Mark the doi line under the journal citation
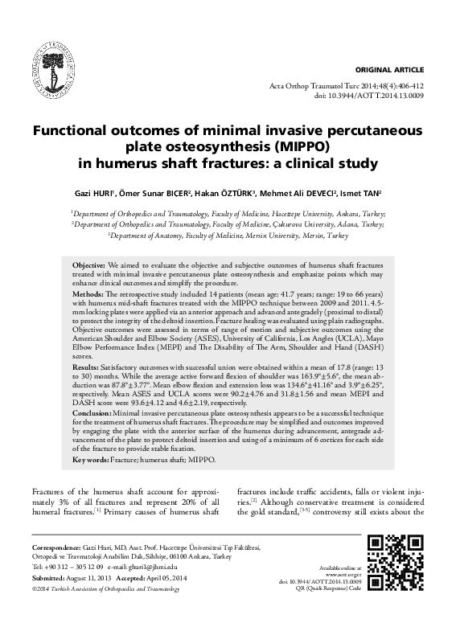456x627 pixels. click(358, 95)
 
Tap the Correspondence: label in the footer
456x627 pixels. click(55, 547)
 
